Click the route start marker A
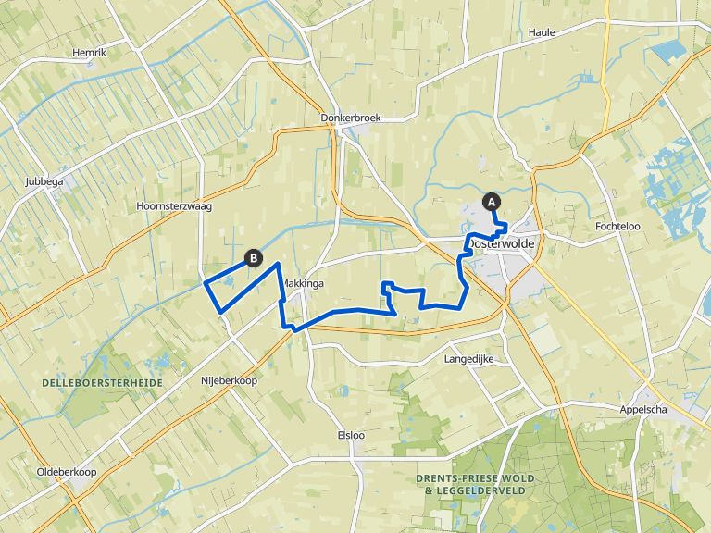tap(491, 201)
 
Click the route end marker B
tap(252, 258)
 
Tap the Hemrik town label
tap(90, 53)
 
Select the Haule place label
tap(541, 32)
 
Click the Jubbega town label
tap(44, 181)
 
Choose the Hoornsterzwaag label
tap(173, 206)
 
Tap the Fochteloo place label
tap(619, 226)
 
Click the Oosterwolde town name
tap(505, 243)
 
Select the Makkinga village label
tap(305, 284)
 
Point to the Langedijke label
tap(469, 358)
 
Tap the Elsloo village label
tap(353, 434)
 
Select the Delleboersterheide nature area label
tap(102, 382)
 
